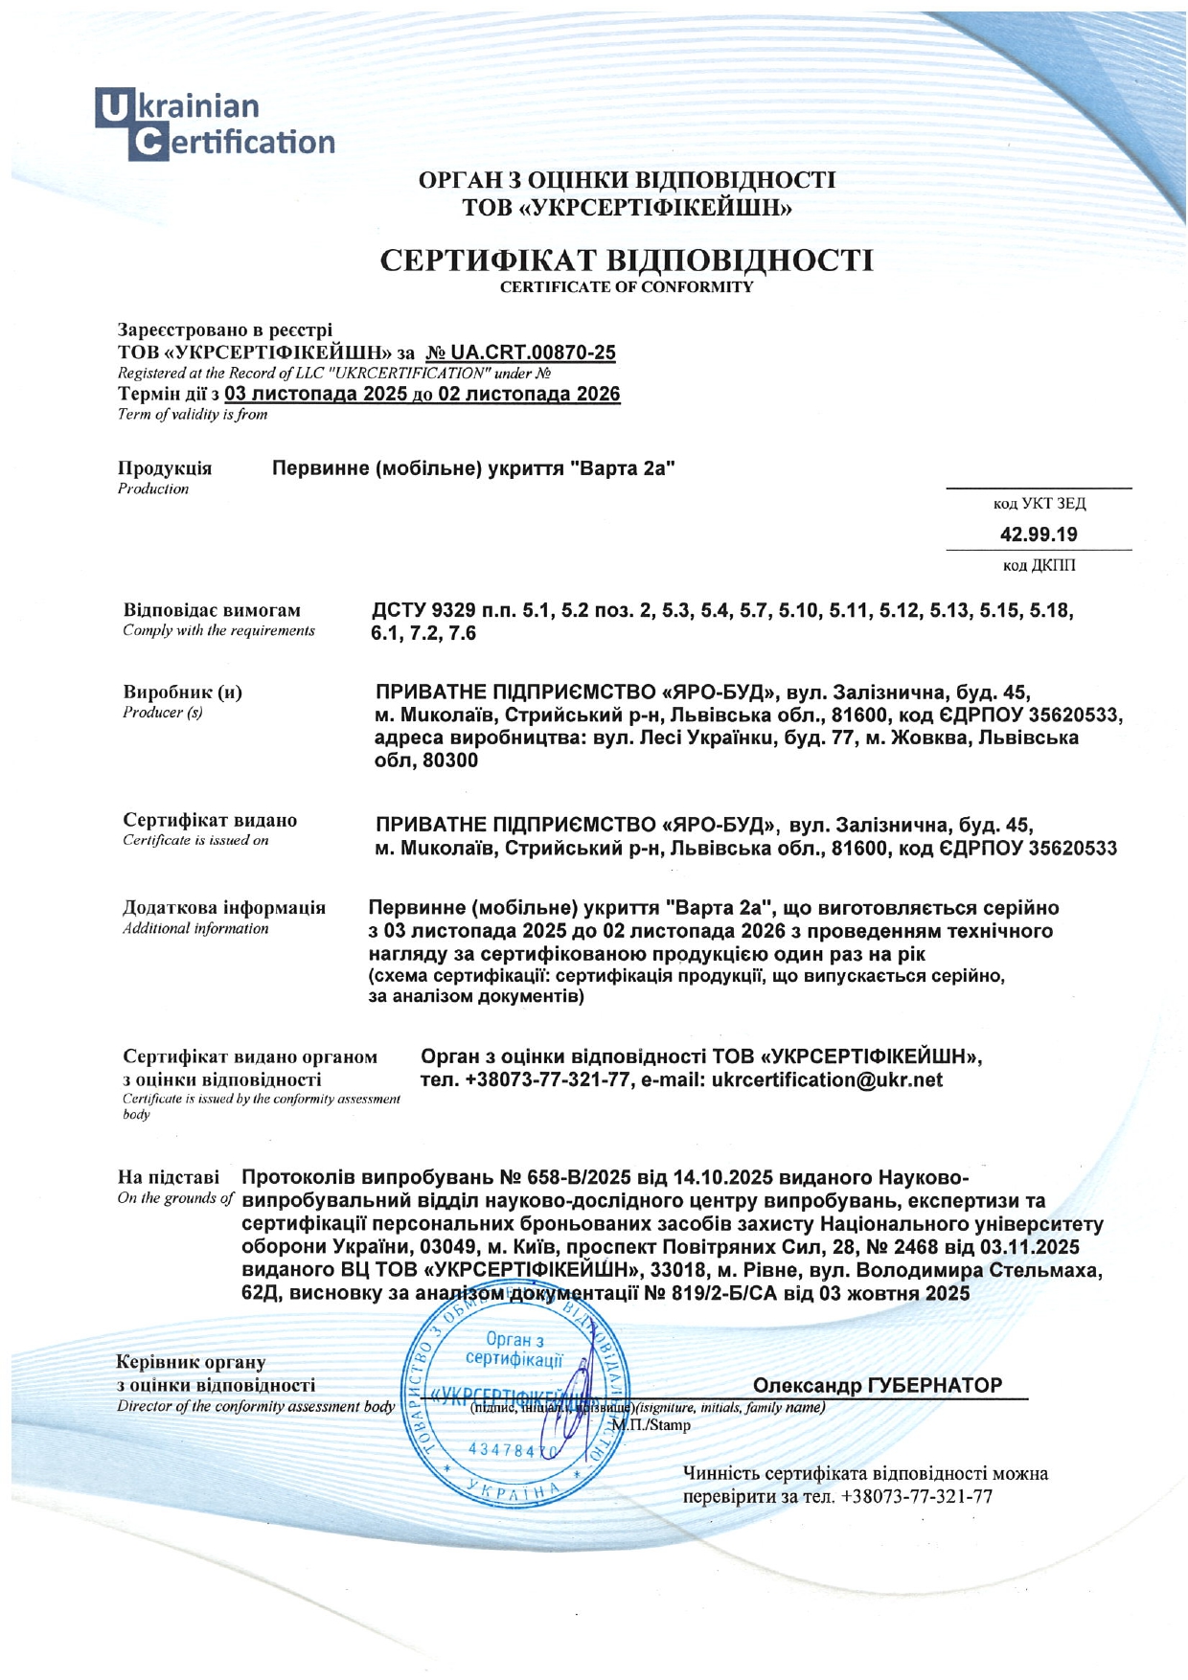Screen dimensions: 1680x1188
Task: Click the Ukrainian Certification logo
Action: (215, 124)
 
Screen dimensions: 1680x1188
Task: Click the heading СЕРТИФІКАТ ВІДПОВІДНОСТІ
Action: (627, 261)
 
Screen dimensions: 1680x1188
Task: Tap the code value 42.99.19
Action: (1039, 534)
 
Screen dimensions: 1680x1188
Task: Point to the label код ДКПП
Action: (1039, 565)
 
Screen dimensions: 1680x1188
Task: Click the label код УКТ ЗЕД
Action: (1039, 503)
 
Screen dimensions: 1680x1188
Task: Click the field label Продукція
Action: (165, 468)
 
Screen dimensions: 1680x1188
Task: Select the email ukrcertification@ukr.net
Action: (828, 1080)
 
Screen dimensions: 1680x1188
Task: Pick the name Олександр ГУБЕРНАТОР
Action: (878, 1385)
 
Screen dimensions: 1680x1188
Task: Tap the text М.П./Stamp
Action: (651, 1424)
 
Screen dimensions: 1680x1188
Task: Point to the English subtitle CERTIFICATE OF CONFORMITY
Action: (627, 287)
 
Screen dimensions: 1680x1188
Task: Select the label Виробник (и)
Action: (182, 692)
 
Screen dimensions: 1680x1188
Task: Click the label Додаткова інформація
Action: (224, 907)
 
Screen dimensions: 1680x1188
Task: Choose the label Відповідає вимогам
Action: (212, 610)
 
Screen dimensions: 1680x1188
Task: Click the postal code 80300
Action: (450, 761)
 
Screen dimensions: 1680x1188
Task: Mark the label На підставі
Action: (168, 1177)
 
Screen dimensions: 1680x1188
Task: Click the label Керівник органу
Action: (191, 1362)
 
